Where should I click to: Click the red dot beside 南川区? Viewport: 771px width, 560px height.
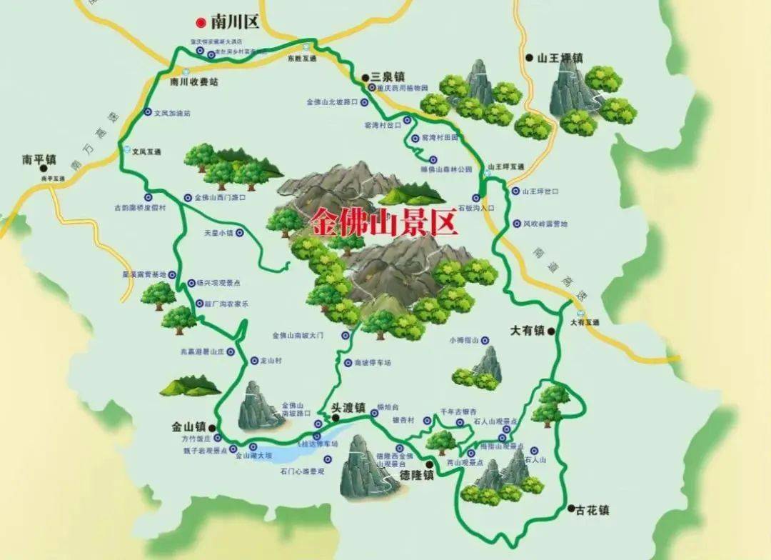(202, 21)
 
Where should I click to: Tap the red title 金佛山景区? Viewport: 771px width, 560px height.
(383, 223)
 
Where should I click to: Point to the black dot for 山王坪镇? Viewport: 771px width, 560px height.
(529, 57)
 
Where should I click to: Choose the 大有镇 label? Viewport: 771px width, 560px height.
(528, 330)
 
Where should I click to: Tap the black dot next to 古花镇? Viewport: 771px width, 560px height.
(571, 509)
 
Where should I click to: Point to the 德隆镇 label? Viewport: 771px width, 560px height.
(416, 475)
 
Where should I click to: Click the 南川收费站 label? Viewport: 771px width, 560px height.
(194, 82)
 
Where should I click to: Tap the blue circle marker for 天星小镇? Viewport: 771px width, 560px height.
(240, 233)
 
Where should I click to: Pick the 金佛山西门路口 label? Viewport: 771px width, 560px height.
(220, 197)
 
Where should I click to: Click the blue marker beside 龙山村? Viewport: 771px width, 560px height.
(254, 361)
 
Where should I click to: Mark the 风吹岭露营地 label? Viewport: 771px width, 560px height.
(545, 224)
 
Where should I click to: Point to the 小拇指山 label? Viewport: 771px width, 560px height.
(463, 340)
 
